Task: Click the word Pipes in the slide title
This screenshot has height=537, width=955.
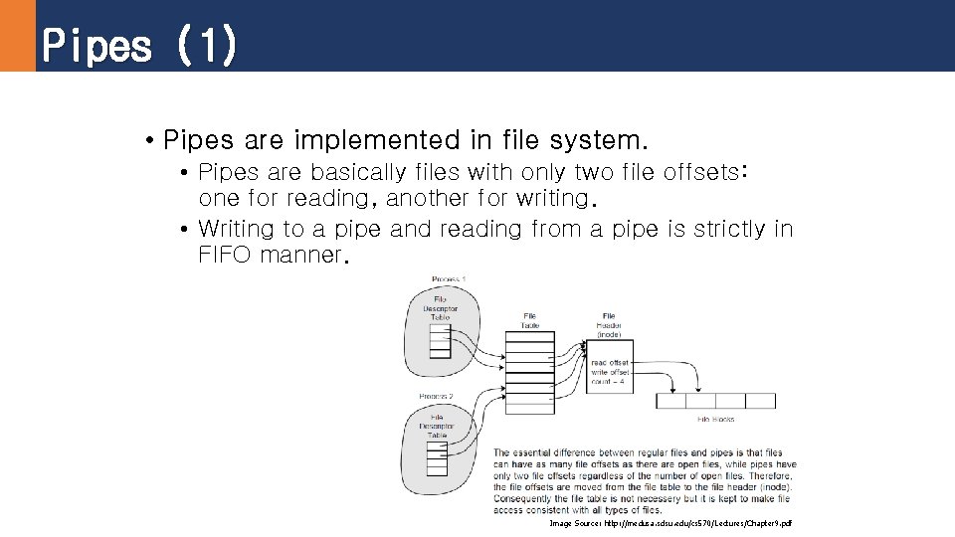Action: (96, 46)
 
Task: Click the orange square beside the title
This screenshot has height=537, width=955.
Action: (17, 36)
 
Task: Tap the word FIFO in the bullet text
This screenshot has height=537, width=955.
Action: (226, 255)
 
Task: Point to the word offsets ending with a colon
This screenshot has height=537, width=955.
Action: (705, 172)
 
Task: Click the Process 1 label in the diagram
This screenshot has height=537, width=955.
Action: (449, 279)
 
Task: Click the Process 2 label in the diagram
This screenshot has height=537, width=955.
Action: (436, 396)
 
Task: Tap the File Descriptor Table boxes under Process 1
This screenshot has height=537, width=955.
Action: (440, 340)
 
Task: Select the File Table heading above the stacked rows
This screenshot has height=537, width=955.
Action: (529, 320)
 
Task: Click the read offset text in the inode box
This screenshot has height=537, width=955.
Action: (610, 363)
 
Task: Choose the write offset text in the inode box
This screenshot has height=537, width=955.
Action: (610, 372)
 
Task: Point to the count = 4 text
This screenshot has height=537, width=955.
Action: (608, 381)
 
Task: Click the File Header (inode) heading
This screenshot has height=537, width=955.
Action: (609, 325)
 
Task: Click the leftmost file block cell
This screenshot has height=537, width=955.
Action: (671, 401)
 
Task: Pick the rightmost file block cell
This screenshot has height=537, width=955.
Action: (760, 401)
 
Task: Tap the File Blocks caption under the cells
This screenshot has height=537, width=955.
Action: (716, 419)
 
